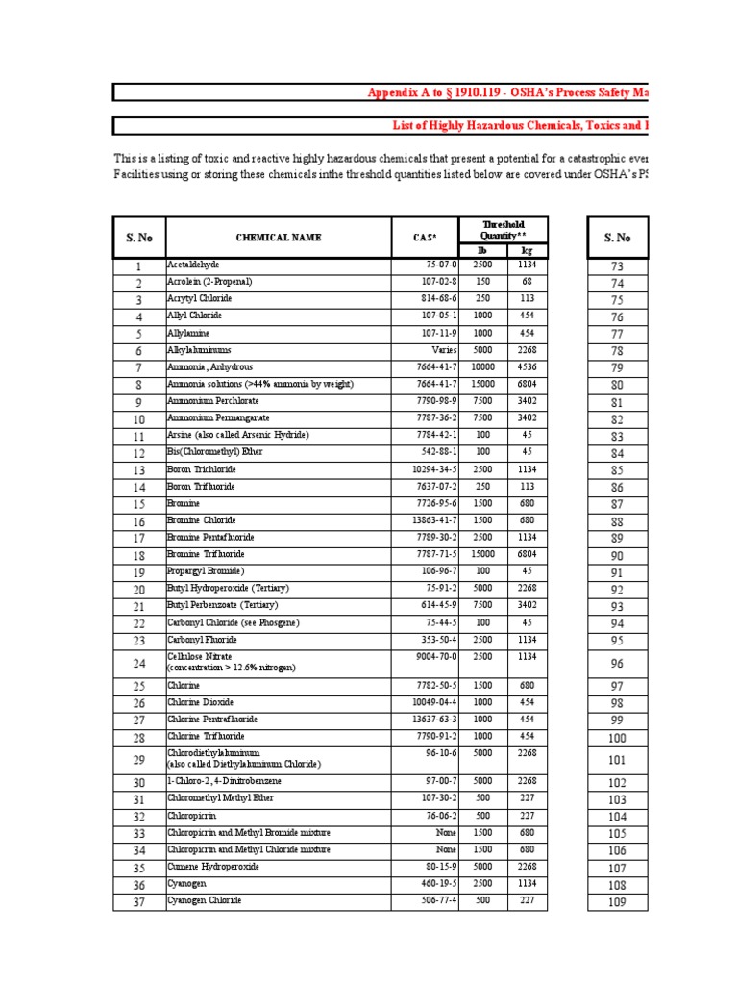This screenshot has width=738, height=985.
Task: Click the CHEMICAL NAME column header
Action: tap(279, 237)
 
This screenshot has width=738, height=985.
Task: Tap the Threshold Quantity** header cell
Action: tap(504, 229)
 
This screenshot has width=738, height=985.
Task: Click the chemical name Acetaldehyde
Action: tap(193, 265)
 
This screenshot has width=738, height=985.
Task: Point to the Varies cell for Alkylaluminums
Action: tap(441, 350)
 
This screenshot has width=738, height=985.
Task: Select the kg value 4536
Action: tap(527, 366)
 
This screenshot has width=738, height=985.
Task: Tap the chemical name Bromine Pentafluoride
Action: tap(210, 537)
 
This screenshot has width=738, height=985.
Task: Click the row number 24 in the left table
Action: tap(138, 663)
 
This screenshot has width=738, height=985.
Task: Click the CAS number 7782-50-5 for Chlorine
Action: tap(434, 686)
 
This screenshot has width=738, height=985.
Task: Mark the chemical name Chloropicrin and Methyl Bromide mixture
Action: tap(249, 832)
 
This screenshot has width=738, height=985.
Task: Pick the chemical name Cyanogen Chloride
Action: tap(205, 900)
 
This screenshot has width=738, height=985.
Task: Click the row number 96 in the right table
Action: tap(616, 663)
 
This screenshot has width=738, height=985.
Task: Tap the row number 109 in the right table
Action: tap(616, 902)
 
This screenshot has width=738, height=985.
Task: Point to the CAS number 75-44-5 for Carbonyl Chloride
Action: tap(438, 621)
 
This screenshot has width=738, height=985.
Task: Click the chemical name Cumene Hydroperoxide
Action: tap(212, 867)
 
